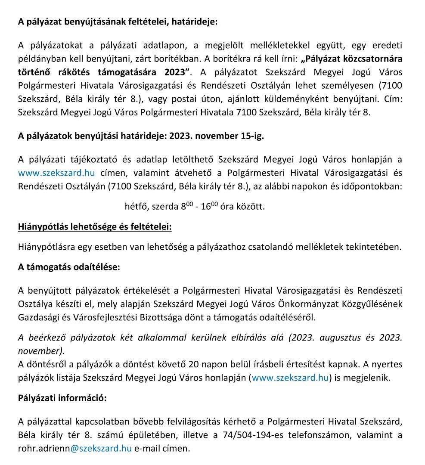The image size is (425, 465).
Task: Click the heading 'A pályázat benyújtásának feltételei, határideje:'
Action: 118,22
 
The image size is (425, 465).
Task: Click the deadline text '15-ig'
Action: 251,136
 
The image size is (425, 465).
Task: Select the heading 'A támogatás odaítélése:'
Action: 69,267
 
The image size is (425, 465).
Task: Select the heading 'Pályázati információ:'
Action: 62,398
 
